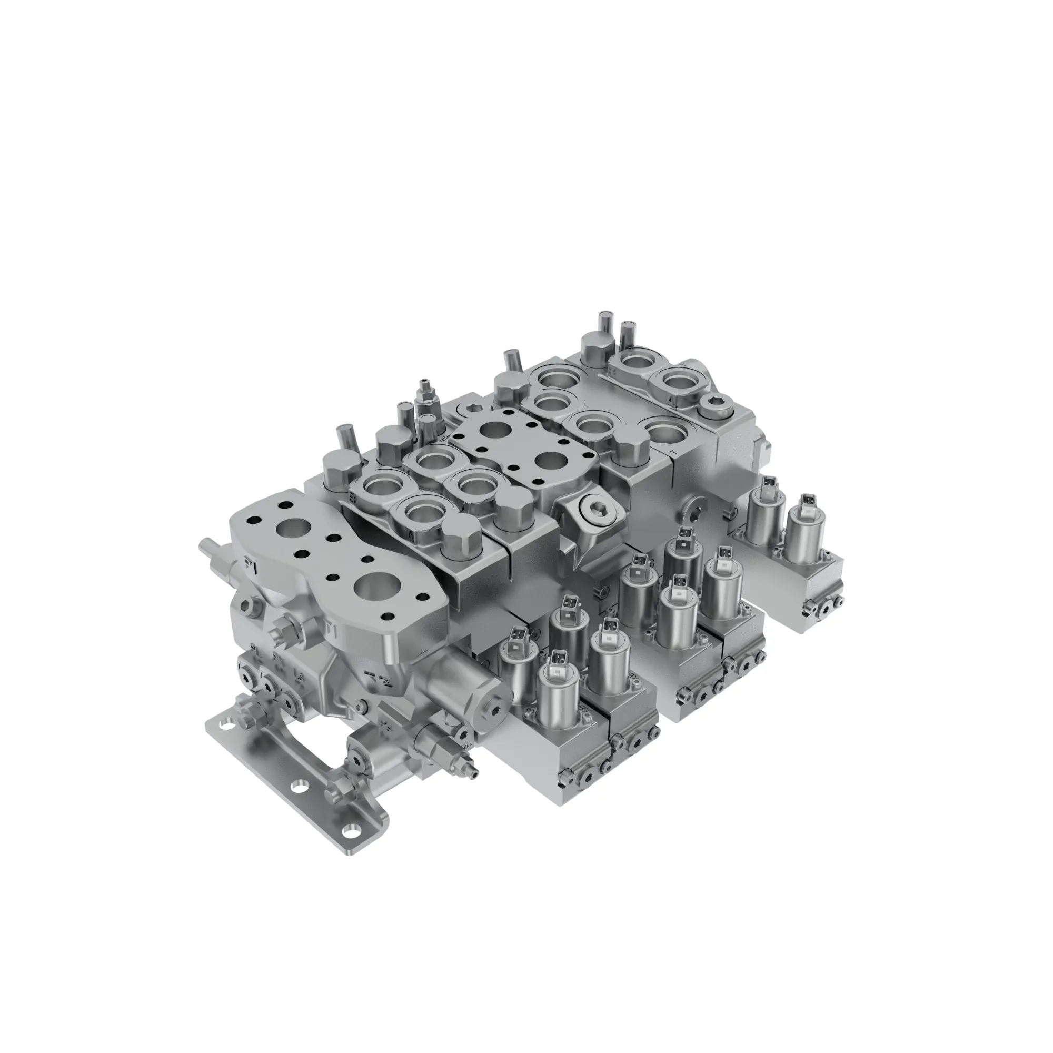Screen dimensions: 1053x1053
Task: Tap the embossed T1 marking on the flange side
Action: [x=331, y=631]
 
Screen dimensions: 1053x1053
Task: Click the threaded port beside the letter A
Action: [x=421, y=513]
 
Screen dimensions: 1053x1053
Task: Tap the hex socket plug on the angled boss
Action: [x=594, y=509]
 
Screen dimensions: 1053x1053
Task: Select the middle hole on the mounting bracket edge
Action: [x=297, y=803]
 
